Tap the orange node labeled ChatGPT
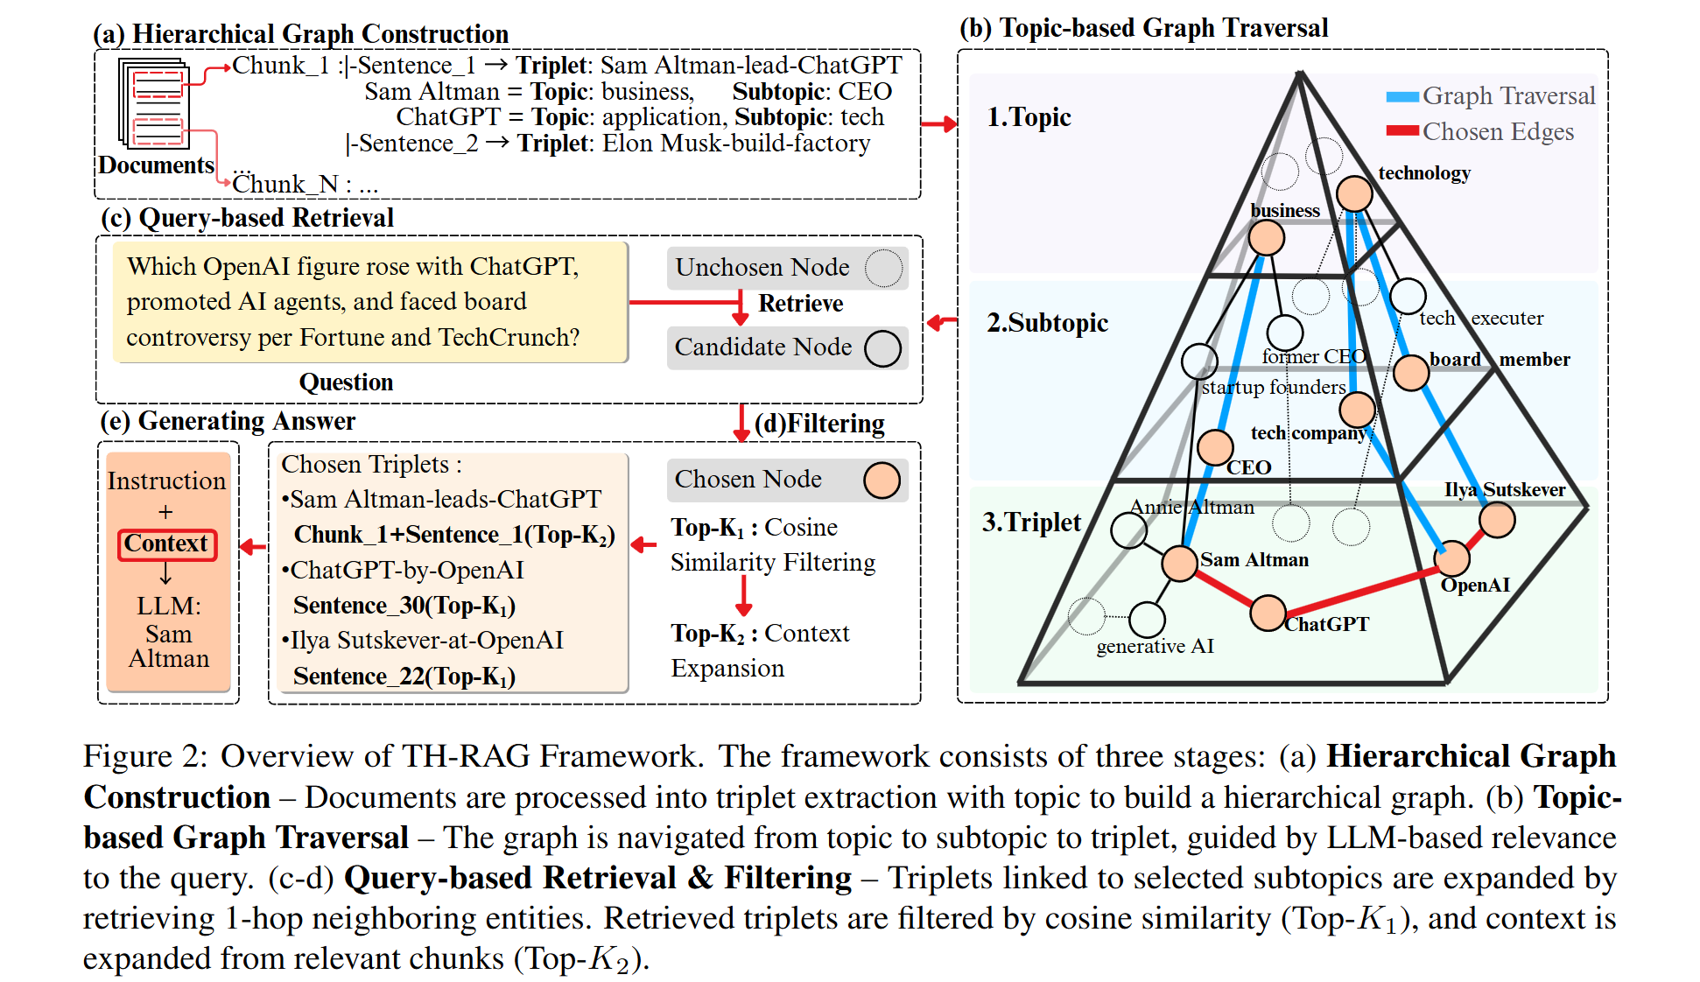1268,613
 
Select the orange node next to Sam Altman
1179,563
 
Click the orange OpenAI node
1452,558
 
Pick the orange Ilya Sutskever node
1497,520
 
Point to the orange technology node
1354,193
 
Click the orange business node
1267,237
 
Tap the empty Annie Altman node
1128,530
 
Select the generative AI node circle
1147,620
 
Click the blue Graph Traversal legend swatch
1402,96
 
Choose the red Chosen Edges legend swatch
1402,131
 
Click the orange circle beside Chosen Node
882,480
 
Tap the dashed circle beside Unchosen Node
883,268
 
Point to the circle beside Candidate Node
882,348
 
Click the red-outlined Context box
166,544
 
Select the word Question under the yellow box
346,382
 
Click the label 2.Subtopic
1047,323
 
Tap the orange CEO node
1215,447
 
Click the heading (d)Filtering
819,424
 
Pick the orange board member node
1411,373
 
